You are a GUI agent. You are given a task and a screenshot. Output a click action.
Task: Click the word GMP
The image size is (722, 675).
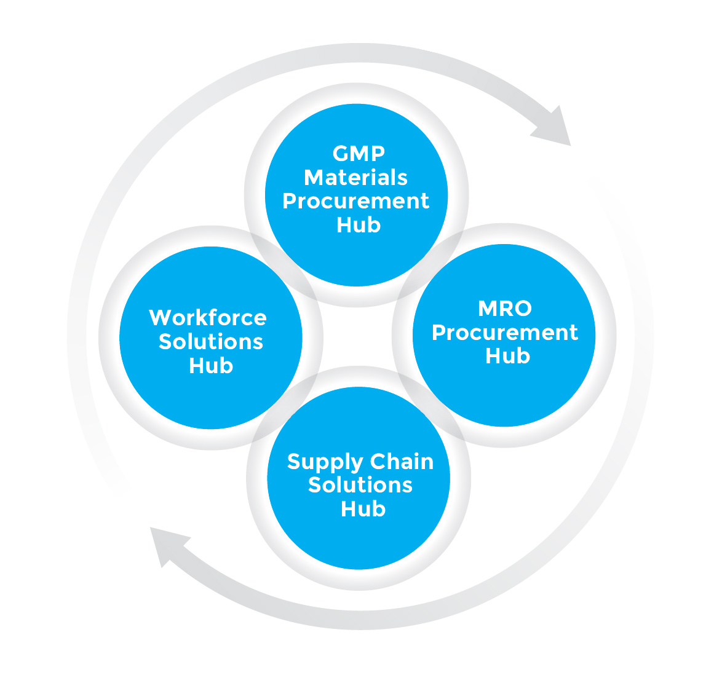[x=359, y=153]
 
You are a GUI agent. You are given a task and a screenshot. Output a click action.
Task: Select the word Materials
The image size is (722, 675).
[x=355, y=177]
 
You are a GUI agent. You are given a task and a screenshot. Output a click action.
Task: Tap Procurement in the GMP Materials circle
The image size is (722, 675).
[x=355, y=202]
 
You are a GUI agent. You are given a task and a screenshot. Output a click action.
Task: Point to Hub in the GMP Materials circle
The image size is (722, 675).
[x=359, y=225]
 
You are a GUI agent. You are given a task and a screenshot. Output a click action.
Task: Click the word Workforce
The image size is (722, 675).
[x=208, y=318]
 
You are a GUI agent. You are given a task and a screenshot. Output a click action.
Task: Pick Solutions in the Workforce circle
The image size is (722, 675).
[x=211, y=342]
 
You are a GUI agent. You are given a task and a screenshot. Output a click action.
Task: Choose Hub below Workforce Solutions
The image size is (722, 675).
[x=211, y=366]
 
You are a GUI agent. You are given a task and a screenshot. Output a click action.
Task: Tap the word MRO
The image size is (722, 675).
[x=504, y=308]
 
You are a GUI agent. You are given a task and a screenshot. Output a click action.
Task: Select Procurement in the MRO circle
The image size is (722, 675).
[x=504, y=333]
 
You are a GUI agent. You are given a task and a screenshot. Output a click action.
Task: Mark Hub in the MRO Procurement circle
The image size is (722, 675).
[x=507, y=356]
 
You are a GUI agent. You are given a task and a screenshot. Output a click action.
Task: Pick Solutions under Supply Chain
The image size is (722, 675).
[x=360, y=485]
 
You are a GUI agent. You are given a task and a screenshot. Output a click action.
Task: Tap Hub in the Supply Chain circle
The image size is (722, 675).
[x=363, y=509]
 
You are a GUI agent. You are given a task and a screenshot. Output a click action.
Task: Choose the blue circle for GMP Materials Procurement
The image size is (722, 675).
[x=357, y=258]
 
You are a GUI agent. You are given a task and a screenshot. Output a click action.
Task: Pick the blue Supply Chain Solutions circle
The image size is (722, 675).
[x=359, y=541]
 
